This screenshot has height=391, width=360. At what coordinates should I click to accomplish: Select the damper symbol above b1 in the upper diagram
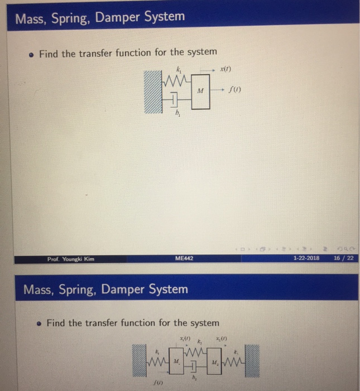tap(175, 100)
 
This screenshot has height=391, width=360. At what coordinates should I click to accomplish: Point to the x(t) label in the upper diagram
tap(226, 69)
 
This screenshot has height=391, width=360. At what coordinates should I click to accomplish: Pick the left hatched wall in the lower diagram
tap(141, 359)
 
